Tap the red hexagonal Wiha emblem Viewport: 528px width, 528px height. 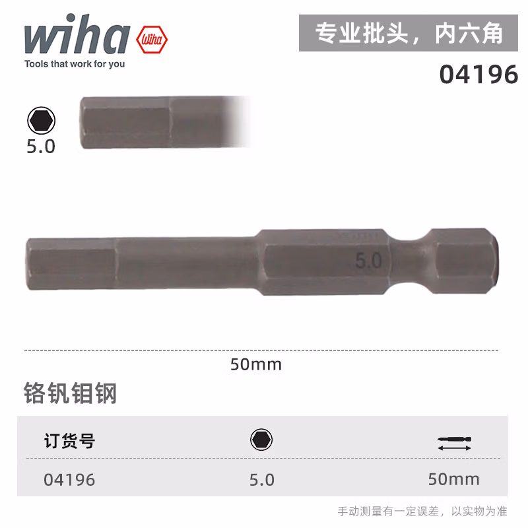152,40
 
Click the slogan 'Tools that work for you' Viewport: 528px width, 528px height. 75,64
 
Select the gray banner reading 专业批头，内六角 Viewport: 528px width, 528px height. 409,33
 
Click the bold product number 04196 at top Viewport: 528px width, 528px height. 478,75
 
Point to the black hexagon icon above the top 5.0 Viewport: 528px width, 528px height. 42,121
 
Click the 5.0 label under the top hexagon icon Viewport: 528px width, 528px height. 41,147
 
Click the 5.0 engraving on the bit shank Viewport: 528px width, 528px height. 368,261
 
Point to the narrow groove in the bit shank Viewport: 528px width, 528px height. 411,261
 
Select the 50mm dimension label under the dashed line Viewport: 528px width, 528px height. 256,364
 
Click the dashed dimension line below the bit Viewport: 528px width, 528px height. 261,350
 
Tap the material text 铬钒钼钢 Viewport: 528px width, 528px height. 71,393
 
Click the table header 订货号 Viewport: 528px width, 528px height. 69,441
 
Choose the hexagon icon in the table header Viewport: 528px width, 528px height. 261,440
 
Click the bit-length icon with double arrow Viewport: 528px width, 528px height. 454,443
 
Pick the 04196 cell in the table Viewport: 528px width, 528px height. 69,480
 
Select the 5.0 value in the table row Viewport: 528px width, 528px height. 261,480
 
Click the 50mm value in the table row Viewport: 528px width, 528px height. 453,479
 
